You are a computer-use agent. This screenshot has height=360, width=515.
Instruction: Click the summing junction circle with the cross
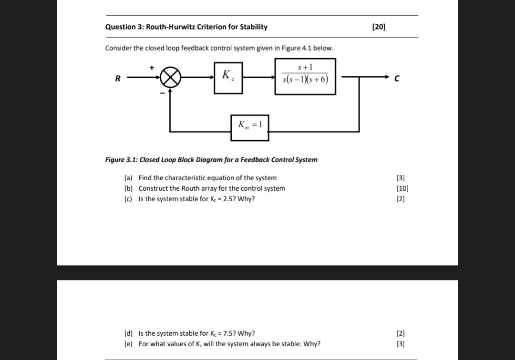click(170, 77)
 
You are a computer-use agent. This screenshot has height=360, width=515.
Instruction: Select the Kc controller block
click(228, 77)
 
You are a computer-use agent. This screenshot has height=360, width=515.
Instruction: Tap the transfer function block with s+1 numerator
click(305, 76)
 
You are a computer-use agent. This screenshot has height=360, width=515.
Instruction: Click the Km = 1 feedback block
click(249, 127)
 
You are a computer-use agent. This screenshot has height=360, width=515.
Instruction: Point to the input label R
click(117, 79)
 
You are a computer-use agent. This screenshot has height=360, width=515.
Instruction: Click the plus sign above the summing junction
click(152, 68)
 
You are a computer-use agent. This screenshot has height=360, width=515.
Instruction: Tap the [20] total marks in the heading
click(379, 27)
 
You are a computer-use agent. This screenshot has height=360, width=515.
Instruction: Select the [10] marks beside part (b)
click(402, 188)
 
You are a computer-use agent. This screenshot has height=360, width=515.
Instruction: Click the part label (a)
click(128, 178)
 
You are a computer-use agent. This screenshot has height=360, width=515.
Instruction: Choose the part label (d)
click(128, 333)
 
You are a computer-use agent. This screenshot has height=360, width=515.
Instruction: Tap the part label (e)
click(128, 344)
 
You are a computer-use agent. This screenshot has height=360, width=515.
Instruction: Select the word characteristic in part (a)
click(185, 178)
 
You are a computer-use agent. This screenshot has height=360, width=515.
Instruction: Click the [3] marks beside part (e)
click(401, 344)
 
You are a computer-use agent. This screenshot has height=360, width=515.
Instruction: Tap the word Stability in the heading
click(253, 27)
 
